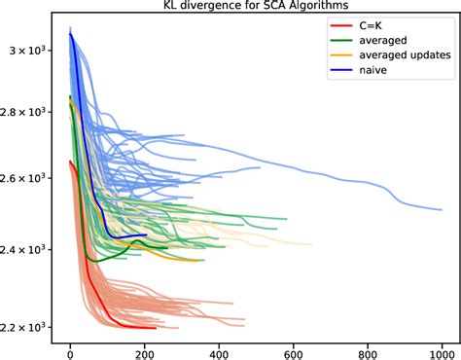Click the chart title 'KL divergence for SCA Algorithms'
(256, 7)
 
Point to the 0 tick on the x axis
(70, 349)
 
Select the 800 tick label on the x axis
(368, 349)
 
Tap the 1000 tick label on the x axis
(443, 349)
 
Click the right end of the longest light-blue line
(443, 208)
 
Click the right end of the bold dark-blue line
(146, 234)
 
